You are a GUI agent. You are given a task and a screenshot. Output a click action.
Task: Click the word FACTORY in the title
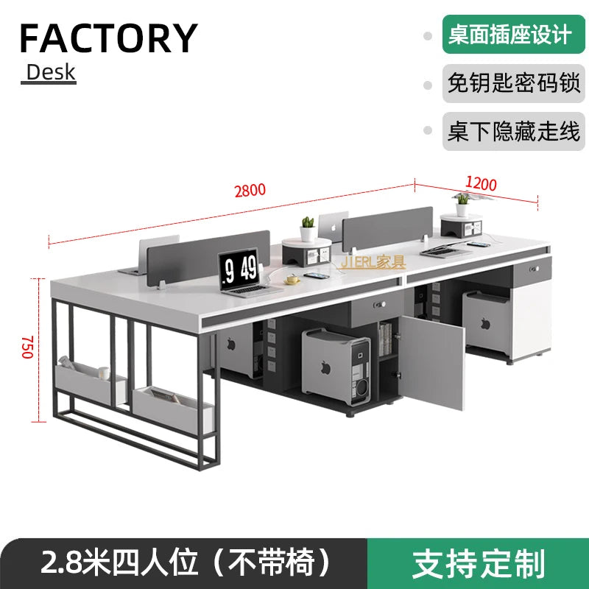(109, 38)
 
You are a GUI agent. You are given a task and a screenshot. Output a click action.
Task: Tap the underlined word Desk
(50, 72)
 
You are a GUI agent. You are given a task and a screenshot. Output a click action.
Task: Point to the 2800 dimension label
(249, 191)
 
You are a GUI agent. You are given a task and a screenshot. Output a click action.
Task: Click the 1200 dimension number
(480, 184)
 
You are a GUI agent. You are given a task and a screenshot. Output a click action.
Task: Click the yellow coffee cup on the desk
(293, 279)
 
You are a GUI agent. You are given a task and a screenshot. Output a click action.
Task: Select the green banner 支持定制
(479, 563)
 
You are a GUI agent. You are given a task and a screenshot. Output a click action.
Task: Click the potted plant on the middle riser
(308, 222)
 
